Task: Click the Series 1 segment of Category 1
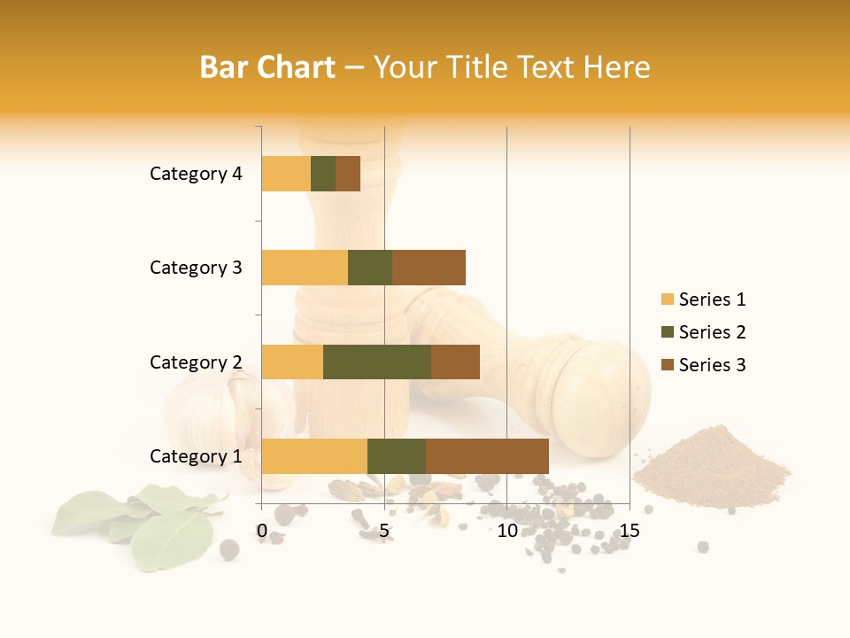314,456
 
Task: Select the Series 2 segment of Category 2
377,362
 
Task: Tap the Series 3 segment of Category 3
429,268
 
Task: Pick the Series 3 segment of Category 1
487,456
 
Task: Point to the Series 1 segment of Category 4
286,174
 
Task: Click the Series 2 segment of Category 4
323,174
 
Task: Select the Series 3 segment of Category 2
455,362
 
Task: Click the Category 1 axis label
196,456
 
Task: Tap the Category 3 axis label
196,268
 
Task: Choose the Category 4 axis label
196,174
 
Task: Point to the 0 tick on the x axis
262,531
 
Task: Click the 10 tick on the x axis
506,531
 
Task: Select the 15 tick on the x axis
630,531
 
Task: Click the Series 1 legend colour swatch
667,300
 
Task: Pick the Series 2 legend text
712,332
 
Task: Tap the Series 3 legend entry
704,365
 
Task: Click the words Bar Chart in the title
267,67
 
